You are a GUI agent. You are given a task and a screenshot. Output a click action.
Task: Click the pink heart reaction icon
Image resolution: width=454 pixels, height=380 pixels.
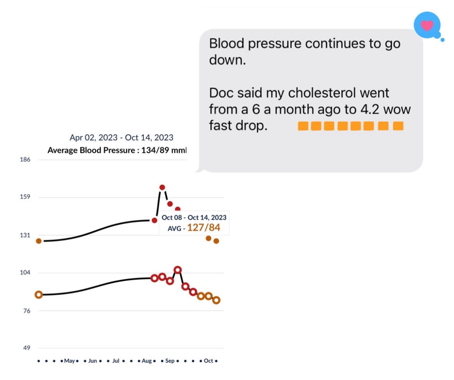(427, 26)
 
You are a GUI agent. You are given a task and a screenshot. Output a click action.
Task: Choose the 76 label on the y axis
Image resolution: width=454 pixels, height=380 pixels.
(26, 311)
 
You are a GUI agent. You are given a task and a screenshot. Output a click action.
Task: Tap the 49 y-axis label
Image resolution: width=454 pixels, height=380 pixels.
(26, 348)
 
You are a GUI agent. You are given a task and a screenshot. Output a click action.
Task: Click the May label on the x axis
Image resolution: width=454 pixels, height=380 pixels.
(69, 361)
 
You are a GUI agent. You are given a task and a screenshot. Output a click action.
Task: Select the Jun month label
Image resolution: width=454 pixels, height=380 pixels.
(92, 361)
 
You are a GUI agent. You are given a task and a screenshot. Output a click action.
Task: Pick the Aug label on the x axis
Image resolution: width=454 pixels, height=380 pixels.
(147, 361)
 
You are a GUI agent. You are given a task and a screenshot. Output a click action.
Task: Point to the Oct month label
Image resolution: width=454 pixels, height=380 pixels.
(208, 361)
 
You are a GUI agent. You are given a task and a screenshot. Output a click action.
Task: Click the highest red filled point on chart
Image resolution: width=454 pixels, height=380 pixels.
(162, 187)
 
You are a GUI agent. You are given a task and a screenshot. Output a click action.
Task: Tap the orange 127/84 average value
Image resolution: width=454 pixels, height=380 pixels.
(203, 228)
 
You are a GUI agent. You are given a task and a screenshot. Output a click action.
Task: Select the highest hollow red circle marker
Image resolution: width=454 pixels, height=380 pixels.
(178, 269)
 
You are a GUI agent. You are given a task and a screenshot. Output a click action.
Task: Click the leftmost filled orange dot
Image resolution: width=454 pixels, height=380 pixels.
(39, 241)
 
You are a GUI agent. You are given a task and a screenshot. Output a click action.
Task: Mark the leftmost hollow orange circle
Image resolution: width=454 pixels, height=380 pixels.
(39, 295)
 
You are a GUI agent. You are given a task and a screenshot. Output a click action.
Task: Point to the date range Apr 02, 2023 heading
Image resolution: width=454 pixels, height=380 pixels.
(121, 138)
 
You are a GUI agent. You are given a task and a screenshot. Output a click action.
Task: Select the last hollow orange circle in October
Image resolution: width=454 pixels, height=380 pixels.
(217, 300)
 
